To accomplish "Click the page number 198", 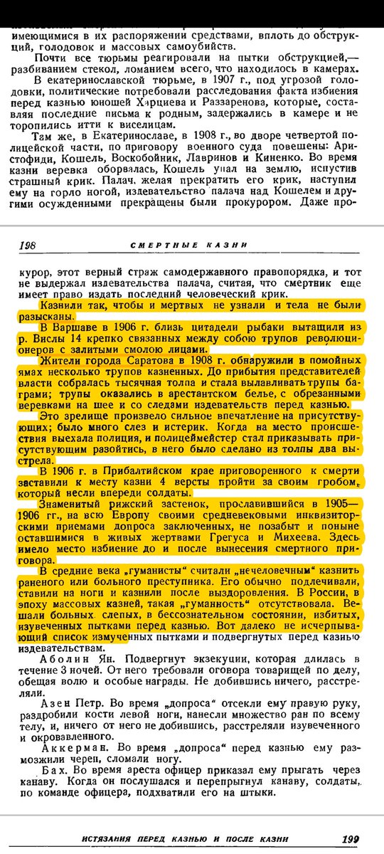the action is click(27, 245).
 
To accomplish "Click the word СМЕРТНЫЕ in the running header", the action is click(156, 245).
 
